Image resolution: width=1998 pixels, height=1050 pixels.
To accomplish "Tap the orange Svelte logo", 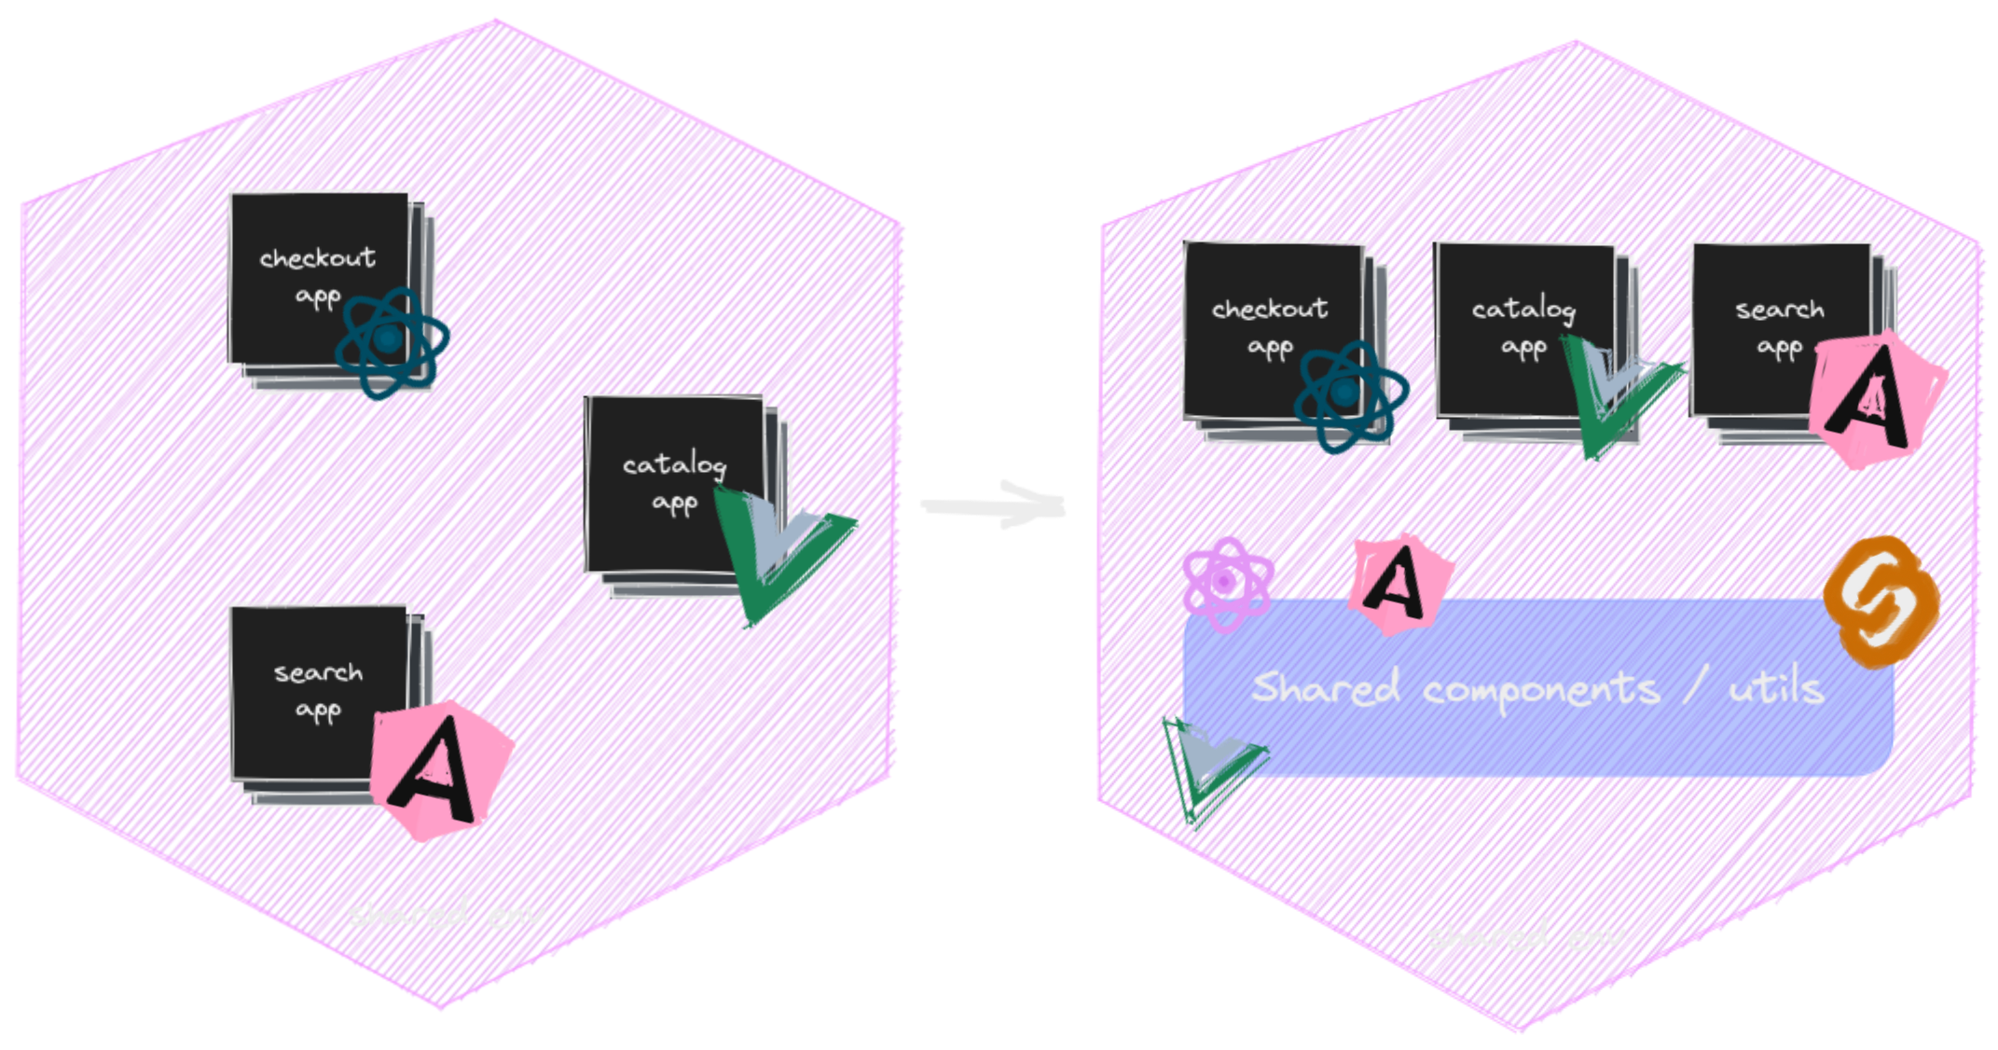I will [1881, 601].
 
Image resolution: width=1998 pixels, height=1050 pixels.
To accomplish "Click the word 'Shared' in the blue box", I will [1325, 688].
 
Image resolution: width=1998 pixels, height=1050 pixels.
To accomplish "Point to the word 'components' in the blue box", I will [1541, 691].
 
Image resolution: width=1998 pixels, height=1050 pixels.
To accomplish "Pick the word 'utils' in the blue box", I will [1776, 688].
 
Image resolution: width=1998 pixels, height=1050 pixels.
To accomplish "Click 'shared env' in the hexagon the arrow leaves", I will [446, 915].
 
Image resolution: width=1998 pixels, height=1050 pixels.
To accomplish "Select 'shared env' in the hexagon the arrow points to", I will [1525, 935].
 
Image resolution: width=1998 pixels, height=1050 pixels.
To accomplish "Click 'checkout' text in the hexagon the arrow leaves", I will [318, 257].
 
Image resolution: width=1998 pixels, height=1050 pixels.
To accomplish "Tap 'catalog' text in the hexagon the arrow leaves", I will [674, 464].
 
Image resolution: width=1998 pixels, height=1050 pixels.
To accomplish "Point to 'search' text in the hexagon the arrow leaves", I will [318, 672].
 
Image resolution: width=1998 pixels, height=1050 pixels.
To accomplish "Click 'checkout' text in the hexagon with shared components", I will [1270, 309].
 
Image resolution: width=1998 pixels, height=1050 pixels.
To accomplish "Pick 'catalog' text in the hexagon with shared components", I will [1523, 309].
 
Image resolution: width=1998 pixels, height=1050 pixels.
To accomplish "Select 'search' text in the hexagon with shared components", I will [1779, 310].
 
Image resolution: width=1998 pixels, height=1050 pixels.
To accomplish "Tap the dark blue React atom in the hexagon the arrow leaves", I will [392, 342].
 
